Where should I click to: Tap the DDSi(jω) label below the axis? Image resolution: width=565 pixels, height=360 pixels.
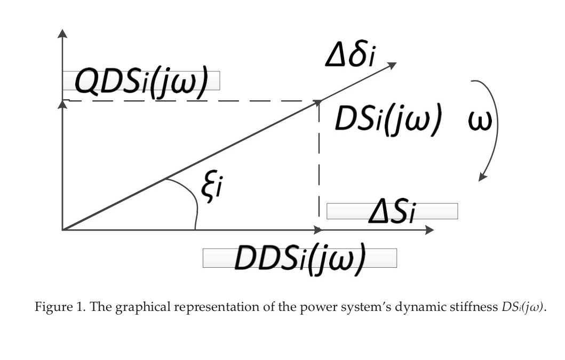click(x=300, y=258)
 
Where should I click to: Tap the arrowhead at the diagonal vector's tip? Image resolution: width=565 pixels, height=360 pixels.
click(x=392, y=64)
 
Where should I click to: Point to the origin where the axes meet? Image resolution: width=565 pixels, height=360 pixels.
click(x=63, y=230)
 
